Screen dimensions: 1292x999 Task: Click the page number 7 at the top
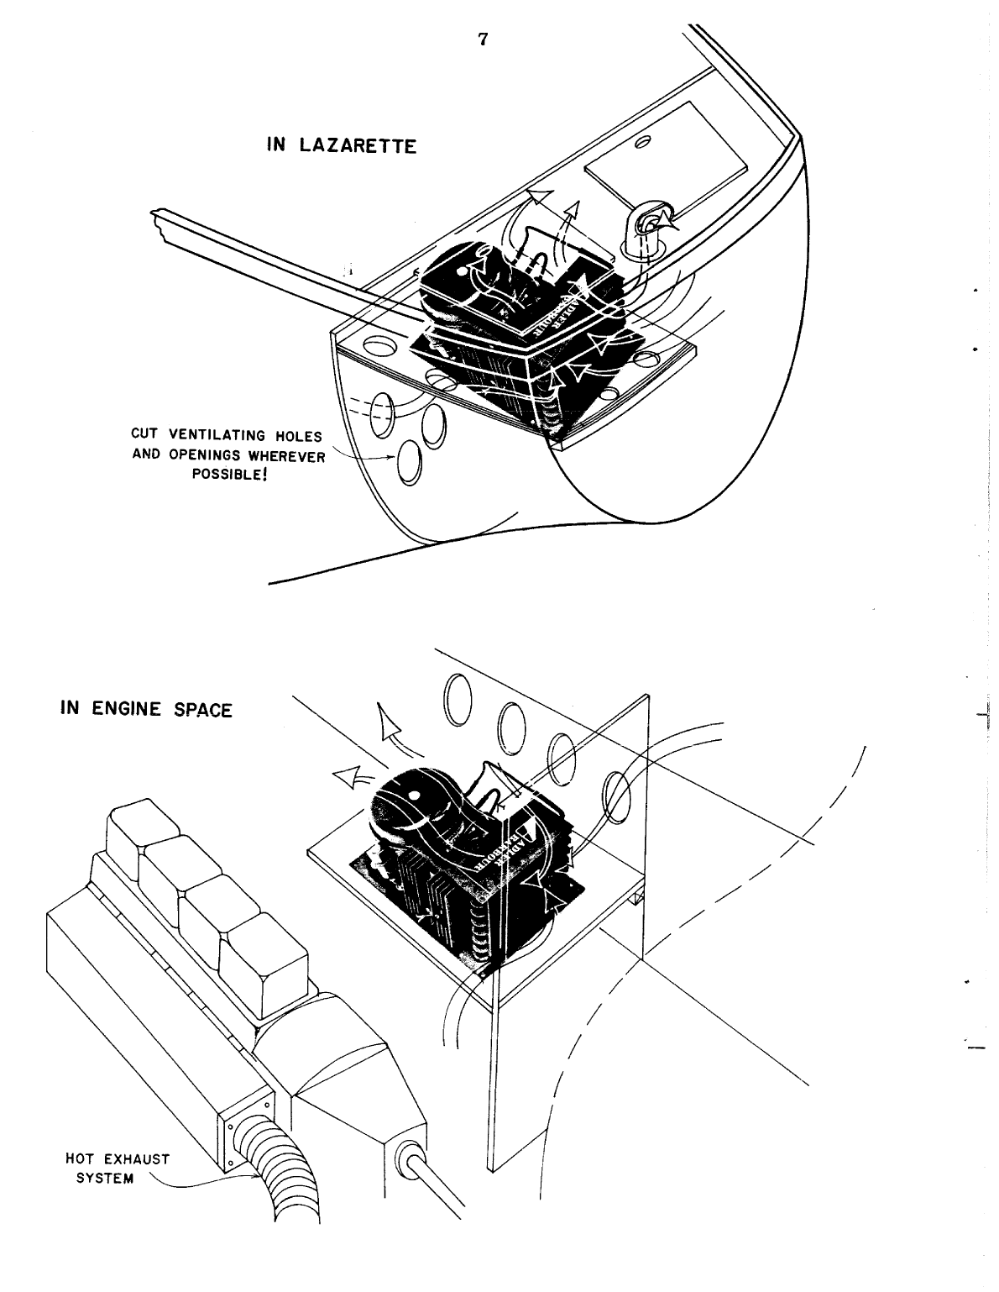(483, 39)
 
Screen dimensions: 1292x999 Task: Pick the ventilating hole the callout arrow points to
(411, 464)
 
